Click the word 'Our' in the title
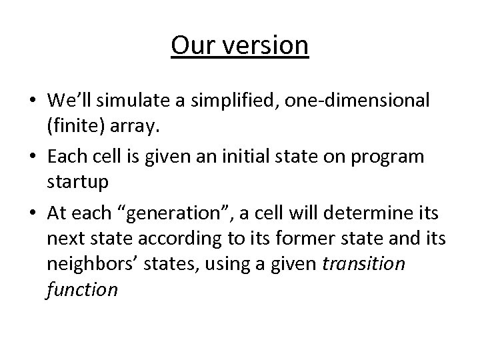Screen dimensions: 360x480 click(191, 46)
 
